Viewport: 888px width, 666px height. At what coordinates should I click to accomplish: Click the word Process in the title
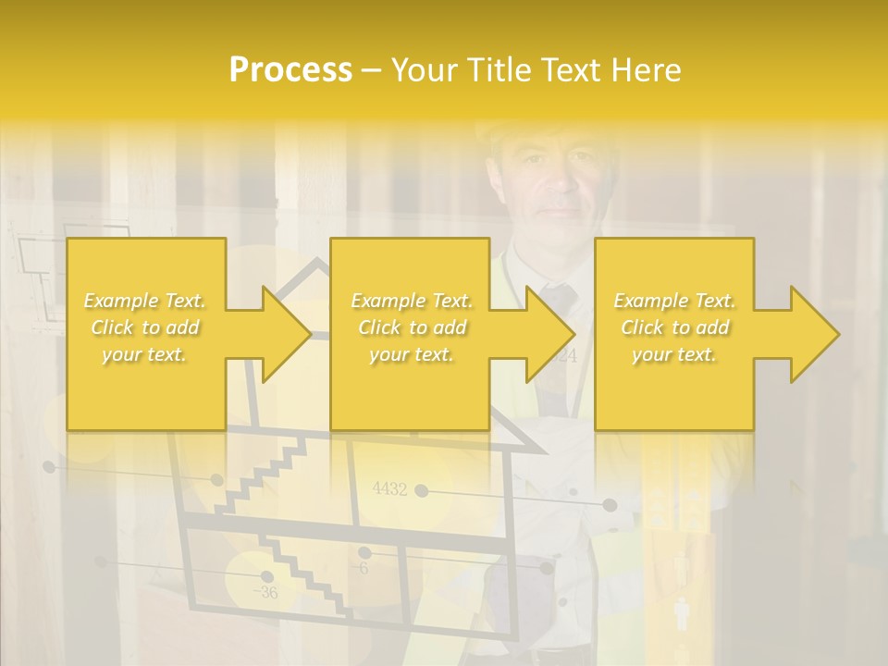[290, 70]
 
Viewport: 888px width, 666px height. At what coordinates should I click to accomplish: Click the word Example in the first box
[117, 301]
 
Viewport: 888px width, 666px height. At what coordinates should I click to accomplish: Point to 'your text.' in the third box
[674, 354]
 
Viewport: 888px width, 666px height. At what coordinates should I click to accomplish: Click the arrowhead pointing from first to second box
[286, 334]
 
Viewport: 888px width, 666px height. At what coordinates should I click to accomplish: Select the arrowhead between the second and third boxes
[549, 334]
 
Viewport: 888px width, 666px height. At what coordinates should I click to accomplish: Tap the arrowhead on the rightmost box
[814, 334]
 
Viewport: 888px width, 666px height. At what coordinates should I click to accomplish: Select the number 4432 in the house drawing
[389, 489]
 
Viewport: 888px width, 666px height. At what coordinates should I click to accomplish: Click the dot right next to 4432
[422, 490]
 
